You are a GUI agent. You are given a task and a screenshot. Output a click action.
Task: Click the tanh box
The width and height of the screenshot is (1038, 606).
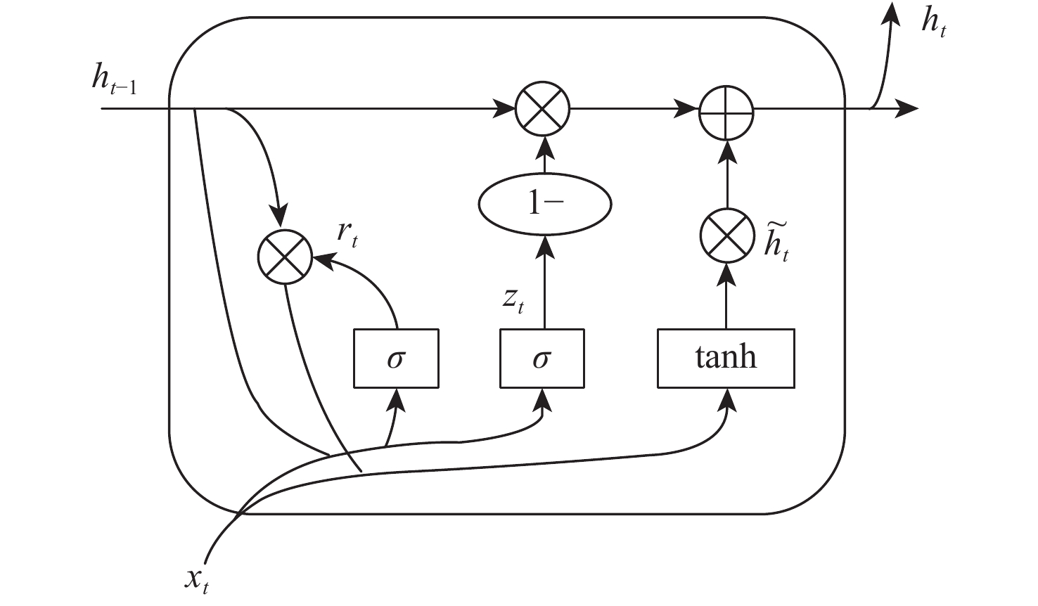(x=726, y=358)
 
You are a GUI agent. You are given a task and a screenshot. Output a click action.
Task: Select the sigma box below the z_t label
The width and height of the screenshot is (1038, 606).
(x=542, y=358)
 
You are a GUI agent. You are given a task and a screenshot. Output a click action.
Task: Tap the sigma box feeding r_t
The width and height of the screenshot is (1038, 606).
(x=396, y=358)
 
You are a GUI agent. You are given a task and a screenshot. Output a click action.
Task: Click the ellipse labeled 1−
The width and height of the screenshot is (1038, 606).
(x=544, y=205)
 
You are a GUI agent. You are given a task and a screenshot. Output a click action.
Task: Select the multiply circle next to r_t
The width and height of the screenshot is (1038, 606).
(x=285, y=257)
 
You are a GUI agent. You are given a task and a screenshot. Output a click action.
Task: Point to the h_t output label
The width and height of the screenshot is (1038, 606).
(x=933, y=25)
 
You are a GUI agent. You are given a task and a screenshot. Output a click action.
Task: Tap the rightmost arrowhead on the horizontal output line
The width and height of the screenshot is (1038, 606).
(x=908, y=108)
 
